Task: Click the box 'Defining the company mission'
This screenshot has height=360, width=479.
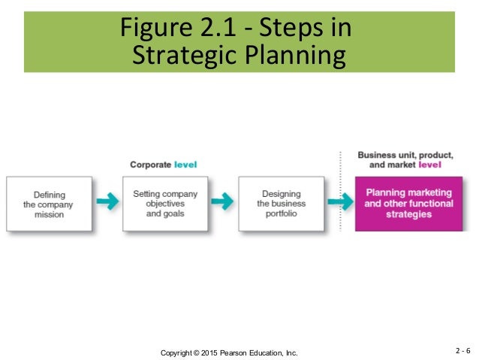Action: pyautogui.click(x=49, y=204)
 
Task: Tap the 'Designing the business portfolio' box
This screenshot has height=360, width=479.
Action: pyautogui.click(x=281, y=204)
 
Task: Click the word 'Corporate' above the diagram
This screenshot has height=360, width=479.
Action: pyautogui.click(x=149, y=165)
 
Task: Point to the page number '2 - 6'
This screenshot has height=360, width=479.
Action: pyautogui.click(x=463, y=351)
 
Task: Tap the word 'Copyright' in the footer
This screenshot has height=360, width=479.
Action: pyautogui.click(x=179, y=352)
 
